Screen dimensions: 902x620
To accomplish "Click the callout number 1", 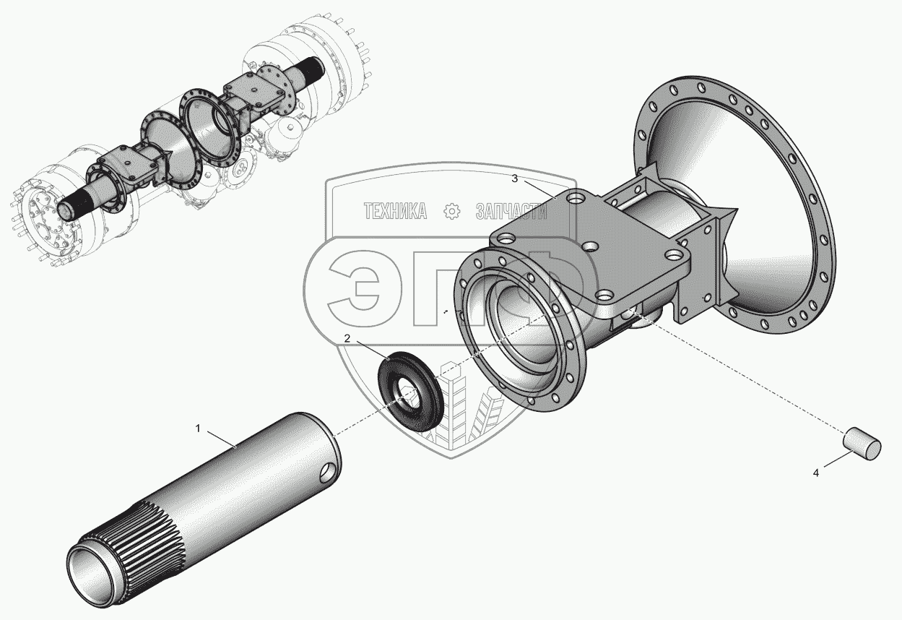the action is (198, 429).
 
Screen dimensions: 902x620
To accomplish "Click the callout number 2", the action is (347, 339).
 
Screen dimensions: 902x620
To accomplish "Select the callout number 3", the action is (514, 179).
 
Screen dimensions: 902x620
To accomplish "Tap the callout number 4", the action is (816, 473).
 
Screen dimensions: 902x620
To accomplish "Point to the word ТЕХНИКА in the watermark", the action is (395, 211).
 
